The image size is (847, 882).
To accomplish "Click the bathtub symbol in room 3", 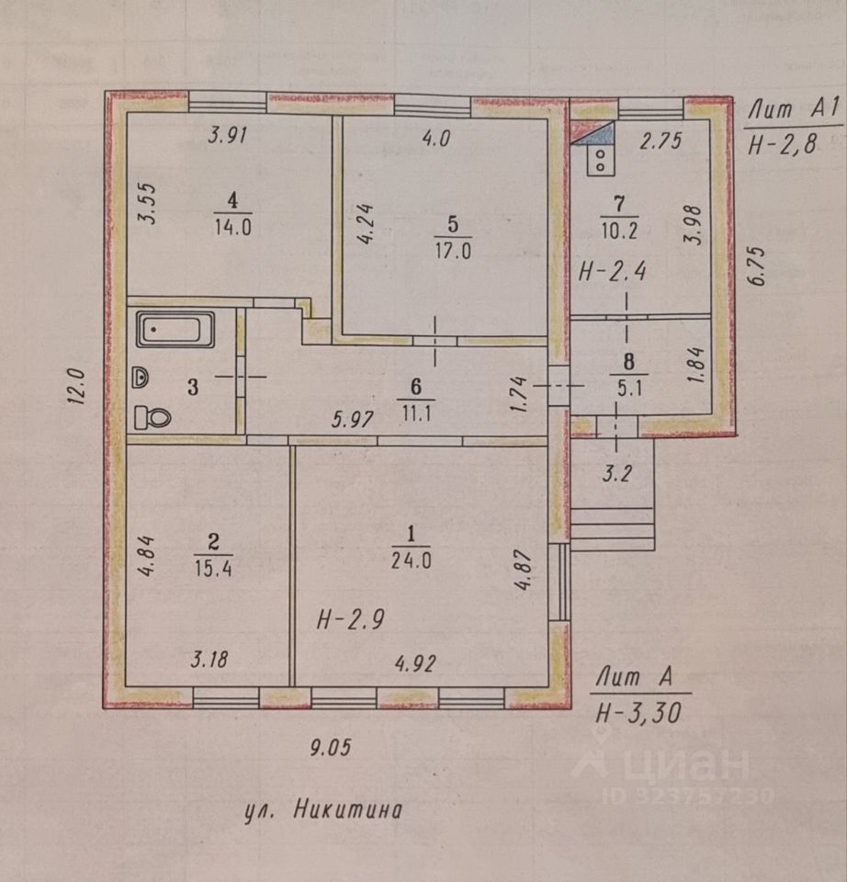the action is coord(175,330).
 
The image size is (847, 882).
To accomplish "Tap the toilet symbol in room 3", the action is coord(152,418).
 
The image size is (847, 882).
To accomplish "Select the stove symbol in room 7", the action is coord(600,160).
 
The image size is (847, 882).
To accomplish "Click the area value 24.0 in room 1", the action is coord(412,560).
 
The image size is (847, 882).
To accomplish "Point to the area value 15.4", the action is coord(213,568).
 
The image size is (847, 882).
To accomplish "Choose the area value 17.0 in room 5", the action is coord(453,250).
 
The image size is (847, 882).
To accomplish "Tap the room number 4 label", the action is coord(232,200).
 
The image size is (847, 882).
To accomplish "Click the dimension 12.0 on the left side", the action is coord(76,386).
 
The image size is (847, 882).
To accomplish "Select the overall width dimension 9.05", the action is coord(331,747).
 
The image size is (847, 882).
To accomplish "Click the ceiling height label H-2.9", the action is coord(350,620).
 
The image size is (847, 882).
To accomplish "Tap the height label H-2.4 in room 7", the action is coord(613,272).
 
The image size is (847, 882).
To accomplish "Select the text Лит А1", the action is coord(793,108).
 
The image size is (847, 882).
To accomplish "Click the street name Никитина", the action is coord(348,810).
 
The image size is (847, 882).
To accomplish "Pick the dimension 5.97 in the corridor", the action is coord(353,420).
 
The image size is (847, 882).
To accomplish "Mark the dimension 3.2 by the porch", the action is coord(617,474).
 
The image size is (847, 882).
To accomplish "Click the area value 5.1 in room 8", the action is coord(629,388).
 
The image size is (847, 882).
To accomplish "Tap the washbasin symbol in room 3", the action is coord(141,378).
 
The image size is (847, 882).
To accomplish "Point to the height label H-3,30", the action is coord(638,713).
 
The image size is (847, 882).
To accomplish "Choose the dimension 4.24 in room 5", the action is coord(367,223).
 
